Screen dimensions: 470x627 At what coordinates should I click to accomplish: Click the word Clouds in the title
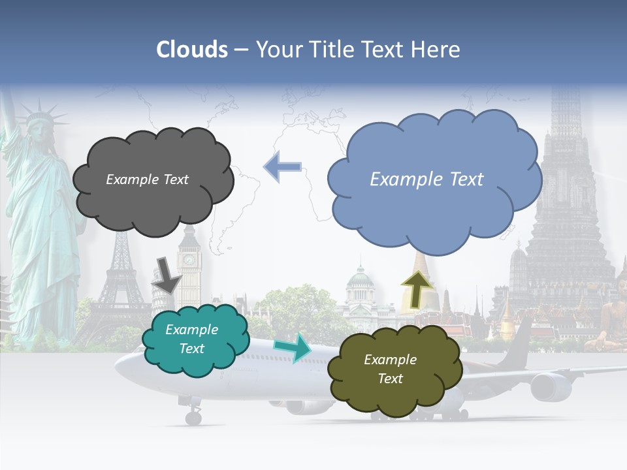click(x=192, y=50)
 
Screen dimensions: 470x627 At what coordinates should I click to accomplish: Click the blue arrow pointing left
click(x=282, y=166)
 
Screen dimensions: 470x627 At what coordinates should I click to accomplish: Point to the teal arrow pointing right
click(x=293, y=348)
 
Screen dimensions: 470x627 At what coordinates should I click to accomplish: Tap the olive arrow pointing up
click(x=418, y=285)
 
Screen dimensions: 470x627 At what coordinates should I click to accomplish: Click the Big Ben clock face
click(x=189, y=260)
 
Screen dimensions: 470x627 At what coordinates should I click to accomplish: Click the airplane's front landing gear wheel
click(x=193, y=417)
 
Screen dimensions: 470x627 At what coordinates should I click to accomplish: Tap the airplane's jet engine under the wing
click(x=550, y=386)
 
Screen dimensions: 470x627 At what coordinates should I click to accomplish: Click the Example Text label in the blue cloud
click(x=426, y=180)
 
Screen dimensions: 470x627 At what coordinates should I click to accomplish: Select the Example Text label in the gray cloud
click(x=147, y=180)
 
